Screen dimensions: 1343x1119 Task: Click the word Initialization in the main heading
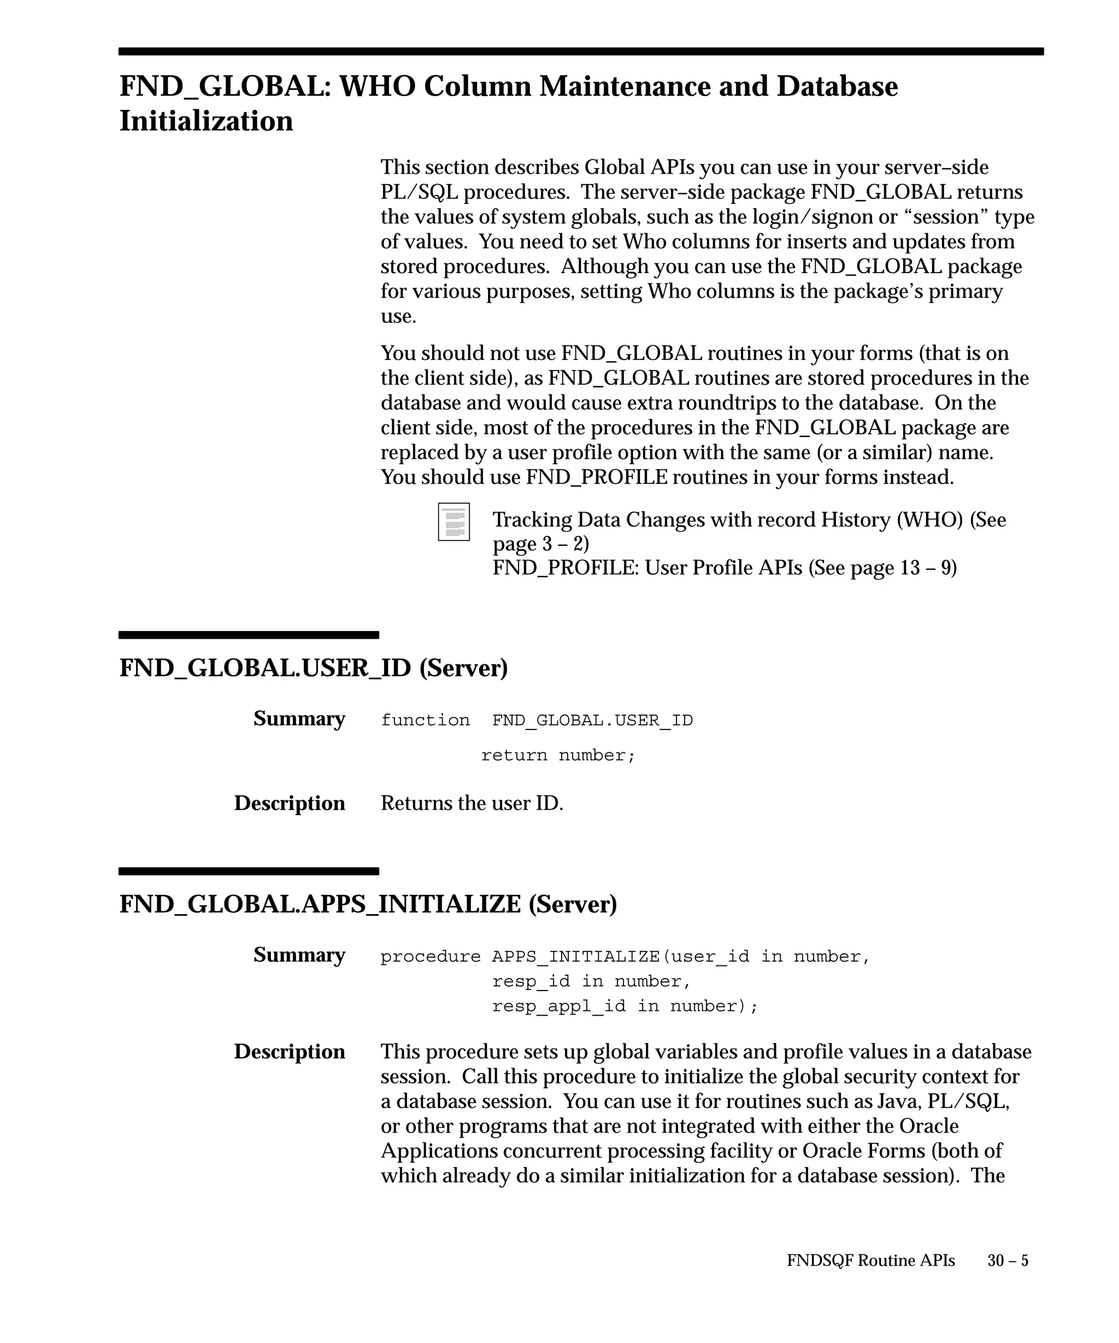(206, 121)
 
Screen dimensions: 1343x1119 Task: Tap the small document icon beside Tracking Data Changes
(454, 521)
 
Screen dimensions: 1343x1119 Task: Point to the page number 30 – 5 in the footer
(1008, 1260)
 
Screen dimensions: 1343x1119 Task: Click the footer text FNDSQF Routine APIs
(870, 1260)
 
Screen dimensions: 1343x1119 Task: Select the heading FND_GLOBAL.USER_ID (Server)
(313, 668)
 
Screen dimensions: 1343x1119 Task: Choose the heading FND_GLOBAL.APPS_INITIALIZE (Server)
(368, 904)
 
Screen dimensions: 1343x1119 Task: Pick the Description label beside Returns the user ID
(289, 803)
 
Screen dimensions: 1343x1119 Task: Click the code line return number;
(558, 755)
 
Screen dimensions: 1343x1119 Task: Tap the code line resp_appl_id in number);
(625, 1006)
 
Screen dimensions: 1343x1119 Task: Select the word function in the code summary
(425, 720)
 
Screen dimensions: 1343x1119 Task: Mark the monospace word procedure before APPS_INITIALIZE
(431, 956)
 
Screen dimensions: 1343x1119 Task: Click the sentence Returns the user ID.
(472, 803)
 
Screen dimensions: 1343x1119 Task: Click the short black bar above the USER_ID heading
(249, 635)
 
